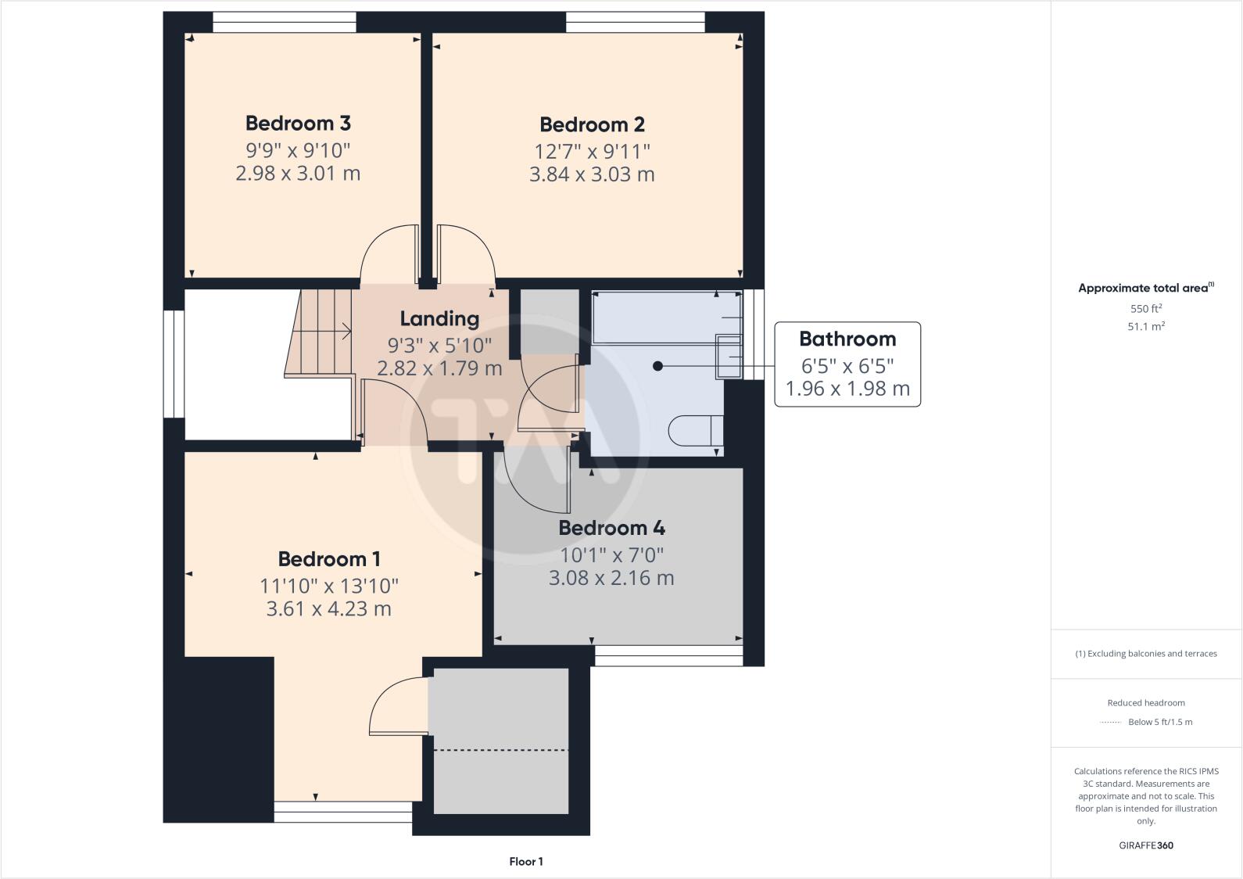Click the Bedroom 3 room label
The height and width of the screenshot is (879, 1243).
pos(298,124)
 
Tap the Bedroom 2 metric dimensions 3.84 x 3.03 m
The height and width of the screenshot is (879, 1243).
pos(592,174)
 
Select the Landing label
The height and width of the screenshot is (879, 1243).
pos(439,319)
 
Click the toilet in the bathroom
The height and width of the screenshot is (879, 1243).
pos(695,431)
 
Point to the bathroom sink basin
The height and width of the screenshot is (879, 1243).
pos(729,357)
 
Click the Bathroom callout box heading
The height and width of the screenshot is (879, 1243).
pos(847,339)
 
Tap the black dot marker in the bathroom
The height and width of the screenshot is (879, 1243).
pos(657,366)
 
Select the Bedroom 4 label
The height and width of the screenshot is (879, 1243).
pos(611,529)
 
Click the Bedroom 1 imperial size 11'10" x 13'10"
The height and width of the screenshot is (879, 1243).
pos(329,586)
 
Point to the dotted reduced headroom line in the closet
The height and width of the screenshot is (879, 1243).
pos(500,750)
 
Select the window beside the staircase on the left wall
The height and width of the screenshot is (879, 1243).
pos(174,364)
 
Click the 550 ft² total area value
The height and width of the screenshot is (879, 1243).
pos(1146,309)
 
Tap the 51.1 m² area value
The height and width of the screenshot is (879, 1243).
pos(1146,327)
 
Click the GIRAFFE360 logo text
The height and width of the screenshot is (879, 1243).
pos(1146,845)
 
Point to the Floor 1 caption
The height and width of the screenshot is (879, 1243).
pos(525,862)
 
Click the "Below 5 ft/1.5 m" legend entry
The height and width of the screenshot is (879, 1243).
pos(1160,722)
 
